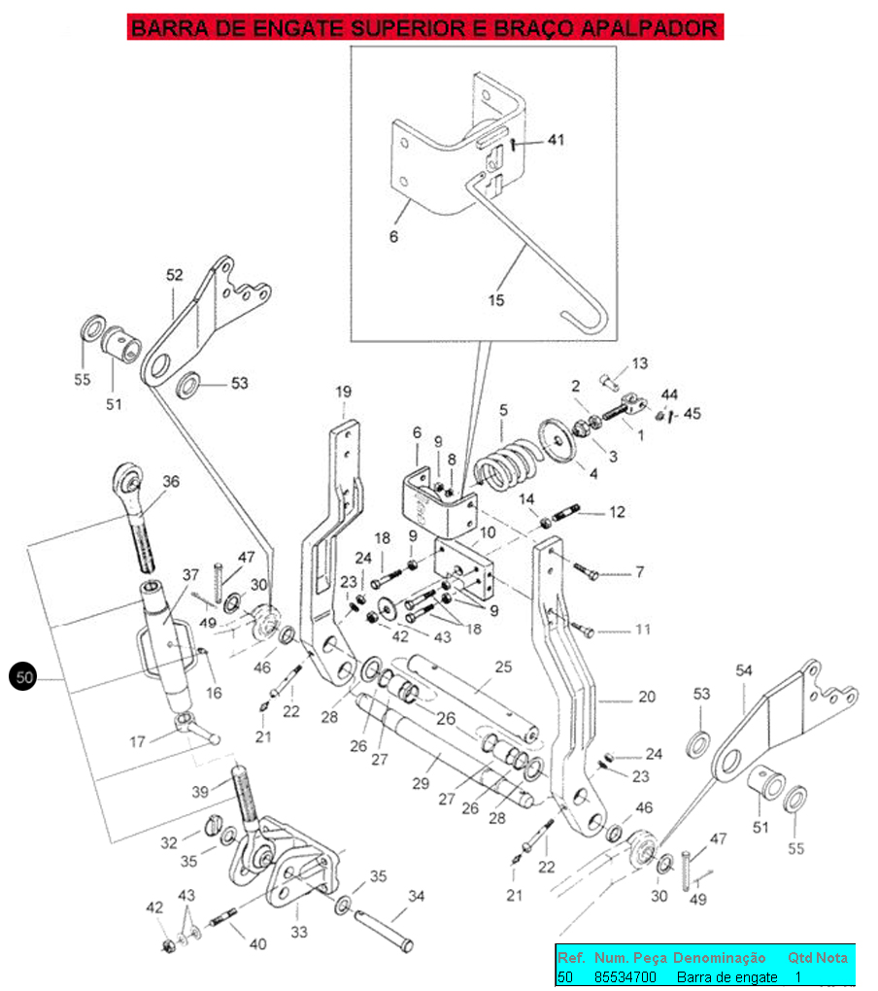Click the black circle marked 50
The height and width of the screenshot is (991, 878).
(23, 677)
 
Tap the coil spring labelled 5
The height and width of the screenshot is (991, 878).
(507, 465)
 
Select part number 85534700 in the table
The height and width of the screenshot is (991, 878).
(625, 977)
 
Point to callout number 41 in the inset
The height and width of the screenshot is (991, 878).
(556, 139)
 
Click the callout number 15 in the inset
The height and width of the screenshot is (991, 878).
(496, 300)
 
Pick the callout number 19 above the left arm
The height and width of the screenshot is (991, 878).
(343, 392)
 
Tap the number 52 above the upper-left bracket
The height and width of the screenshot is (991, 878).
(174, 275)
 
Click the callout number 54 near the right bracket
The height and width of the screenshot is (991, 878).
(744, 670)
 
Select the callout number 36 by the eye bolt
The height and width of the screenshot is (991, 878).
(171, 481)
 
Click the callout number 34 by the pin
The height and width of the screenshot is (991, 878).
(417, 896)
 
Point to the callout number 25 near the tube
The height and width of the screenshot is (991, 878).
(503, 666)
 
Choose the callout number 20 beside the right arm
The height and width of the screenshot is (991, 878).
(647, 697)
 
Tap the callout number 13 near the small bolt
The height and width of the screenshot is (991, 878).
(640, 363)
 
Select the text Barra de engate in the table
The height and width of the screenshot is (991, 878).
(727, 977)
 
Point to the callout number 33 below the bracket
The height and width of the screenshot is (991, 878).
(299, 932)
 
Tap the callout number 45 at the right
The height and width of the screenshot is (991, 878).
(692, 413)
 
